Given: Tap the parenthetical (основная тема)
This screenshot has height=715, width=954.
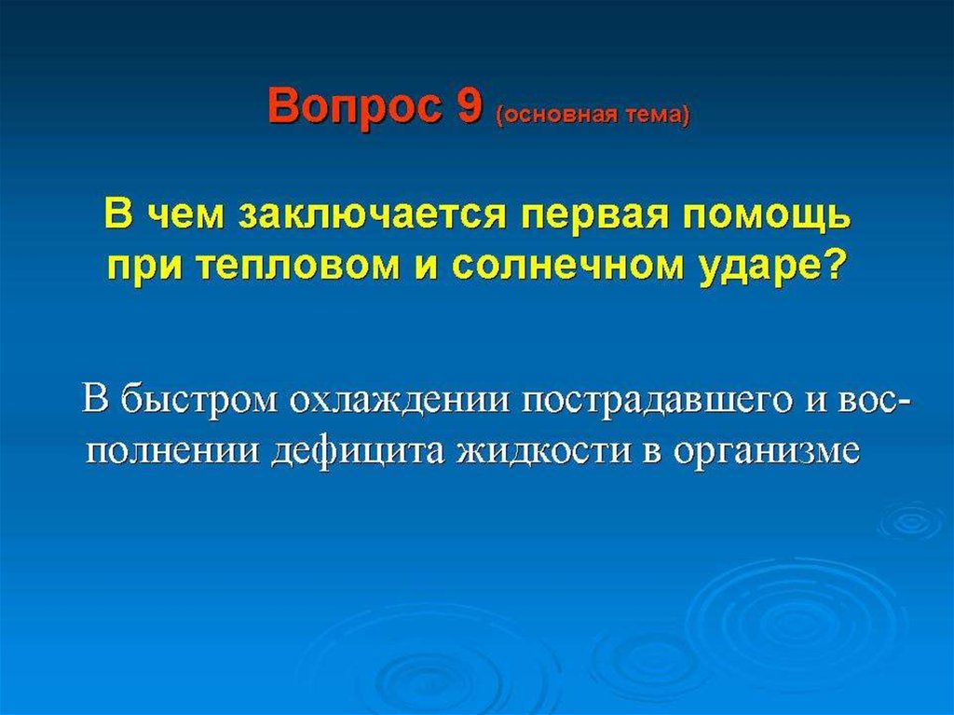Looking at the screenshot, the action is (593, 115).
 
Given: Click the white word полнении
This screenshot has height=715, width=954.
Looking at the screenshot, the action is (171, 452).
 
